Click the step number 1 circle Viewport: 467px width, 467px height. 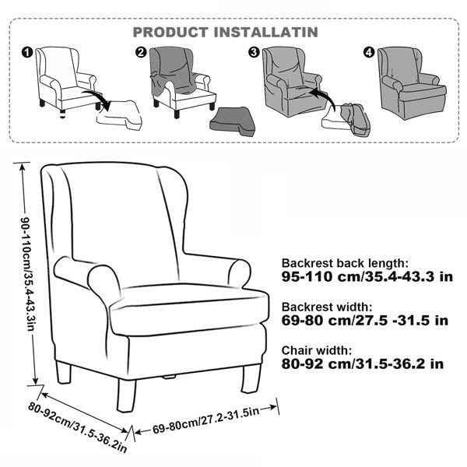(26, 53)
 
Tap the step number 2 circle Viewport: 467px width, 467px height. (141, 52)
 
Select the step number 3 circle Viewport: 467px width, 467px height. (254, 52)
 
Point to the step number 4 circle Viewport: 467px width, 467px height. (369, 52)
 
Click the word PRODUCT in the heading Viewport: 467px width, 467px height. (170, 32)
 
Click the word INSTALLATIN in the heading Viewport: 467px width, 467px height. (266, 32)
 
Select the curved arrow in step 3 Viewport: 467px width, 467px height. (323, 98)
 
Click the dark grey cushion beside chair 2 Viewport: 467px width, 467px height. (232, 122)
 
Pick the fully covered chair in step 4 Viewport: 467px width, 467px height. (412, 83)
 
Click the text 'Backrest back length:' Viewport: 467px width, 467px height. (344, 263)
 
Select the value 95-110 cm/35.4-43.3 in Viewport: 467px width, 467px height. (367, 276)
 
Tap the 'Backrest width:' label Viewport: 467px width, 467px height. (327, 307)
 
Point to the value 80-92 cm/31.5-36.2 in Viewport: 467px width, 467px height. (363, 363)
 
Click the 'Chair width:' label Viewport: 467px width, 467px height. (317, 350)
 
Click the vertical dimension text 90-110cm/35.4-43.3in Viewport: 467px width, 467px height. (27, 274)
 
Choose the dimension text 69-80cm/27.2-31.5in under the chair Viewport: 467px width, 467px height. (205, 420)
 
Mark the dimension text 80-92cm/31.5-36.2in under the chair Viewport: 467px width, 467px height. (78, 427)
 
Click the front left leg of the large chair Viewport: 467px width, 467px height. (126, 395)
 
